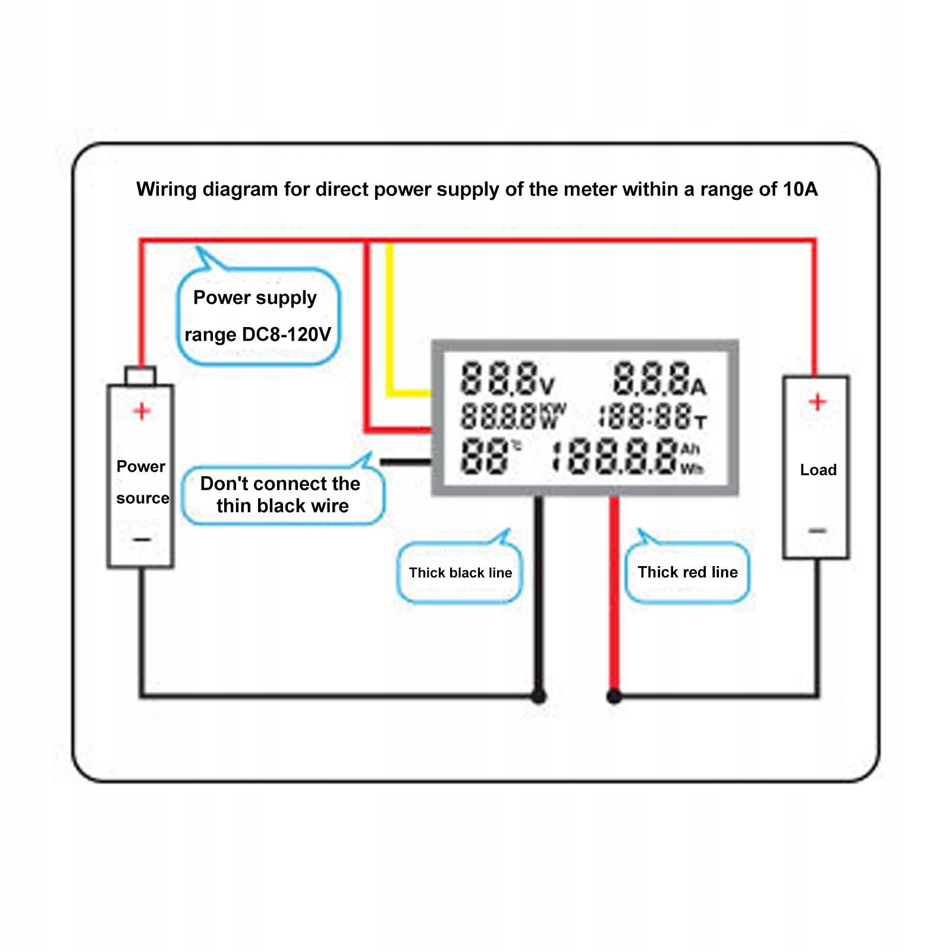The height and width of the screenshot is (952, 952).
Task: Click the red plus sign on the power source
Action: [142, 411]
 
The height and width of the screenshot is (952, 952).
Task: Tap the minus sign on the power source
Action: [142, 539]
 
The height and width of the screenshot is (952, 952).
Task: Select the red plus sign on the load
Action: [818, 402]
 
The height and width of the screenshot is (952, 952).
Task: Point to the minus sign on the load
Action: [818, 530]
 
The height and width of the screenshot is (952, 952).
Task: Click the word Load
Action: [818, 470]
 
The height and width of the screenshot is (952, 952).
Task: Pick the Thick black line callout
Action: [460, 573]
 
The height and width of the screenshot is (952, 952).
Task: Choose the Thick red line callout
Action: [687, 572]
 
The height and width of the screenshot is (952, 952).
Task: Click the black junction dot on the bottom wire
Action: [539, 696]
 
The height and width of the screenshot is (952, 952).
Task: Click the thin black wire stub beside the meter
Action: [404, 461]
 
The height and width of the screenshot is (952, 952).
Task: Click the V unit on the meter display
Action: [547, 387]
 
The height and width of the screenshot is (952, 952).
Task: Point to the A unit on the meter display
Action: [698, 388]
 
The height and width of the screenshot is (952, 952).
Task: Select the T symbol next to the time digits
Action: [700, 423]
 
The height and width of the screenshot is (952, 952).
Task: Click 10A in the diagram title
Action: [800, 189]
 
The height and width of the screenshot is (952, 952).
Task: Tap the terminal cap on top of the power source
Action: [140, 376]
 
